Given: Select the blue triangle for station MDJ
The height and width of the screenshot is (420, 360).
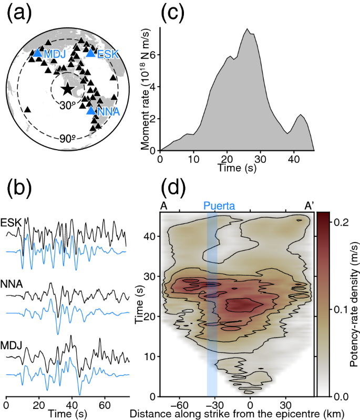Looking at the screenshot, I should pyautogui.click(x=37, y=52).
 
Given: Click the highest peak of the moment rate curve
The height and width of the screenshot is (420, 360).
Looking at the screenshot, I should pyautogui.click(x=247, y=29).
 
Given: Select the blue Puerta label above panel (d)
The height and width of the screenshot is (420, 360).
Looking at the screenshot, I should pyautogui.click(x=217, y=206).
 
